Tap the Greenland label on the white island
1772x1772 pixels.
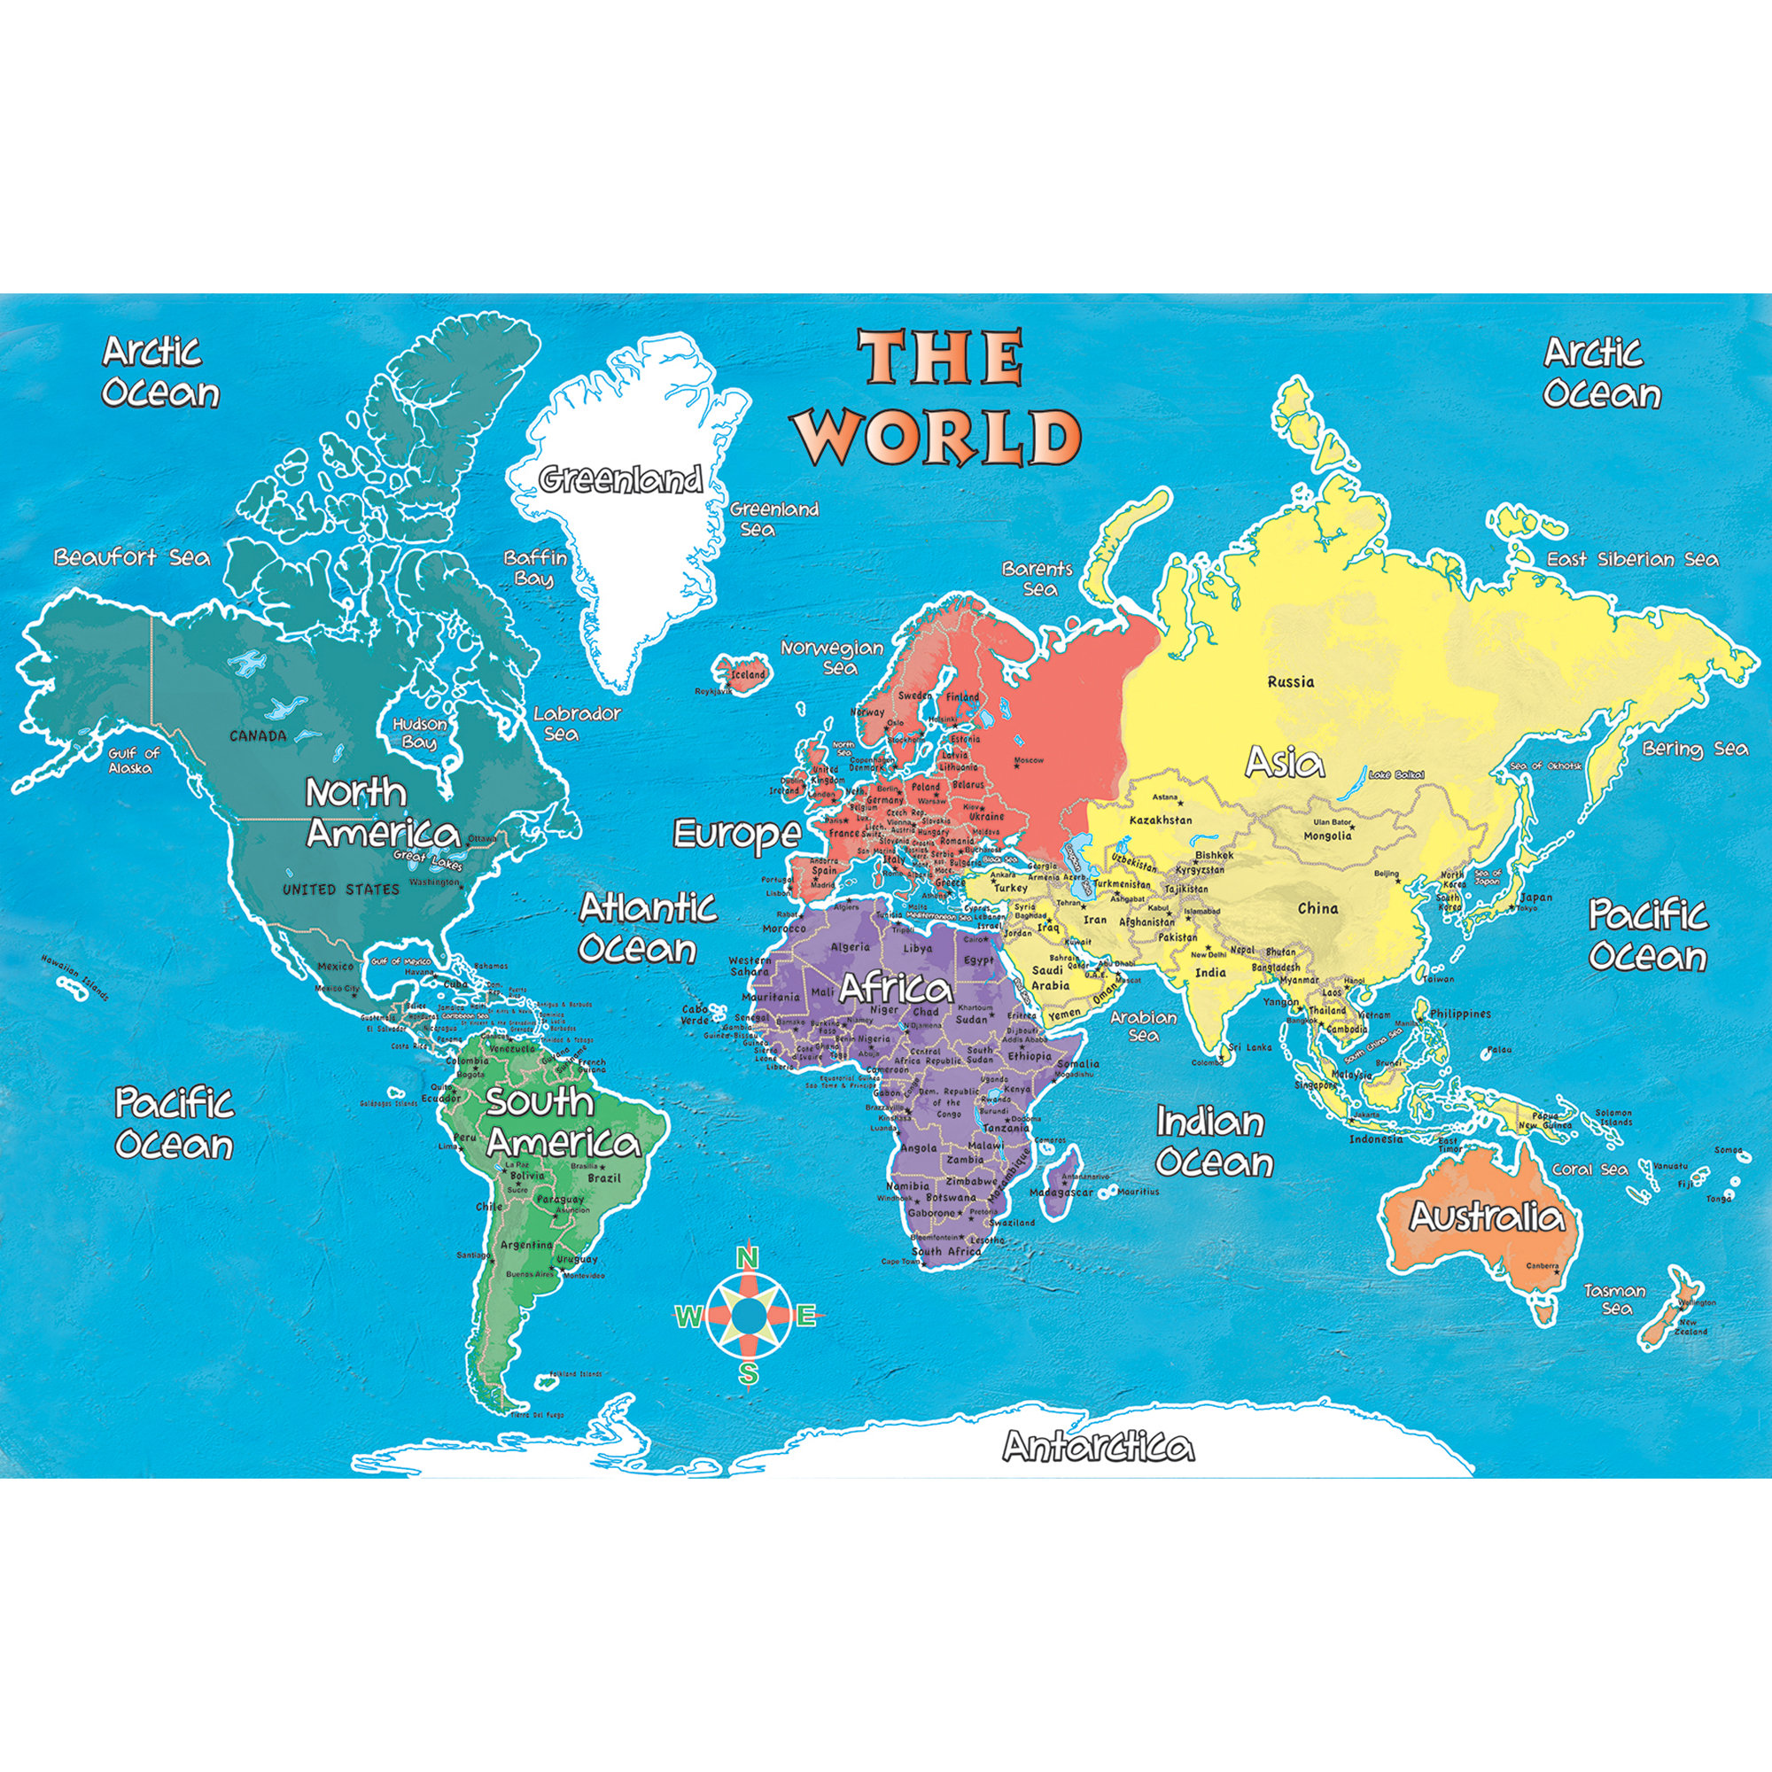point(621,479)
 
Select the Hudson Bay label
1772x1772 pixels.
point(420,733)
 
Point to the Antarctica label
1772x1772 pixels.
point(1098,1447)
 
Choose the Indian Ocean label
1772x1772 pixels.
point(1213,1142)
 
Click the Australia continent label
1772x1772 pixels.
point(1486,1216)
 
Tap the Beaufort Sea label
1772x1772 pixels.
point(131,556)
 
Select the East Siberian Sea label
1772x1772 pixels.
point(1633,558)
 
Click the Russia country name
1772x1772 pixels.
point(1291,680)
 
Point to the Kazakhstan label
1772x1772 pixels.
point(1161,819)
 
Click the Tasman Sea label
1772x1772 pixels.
point(1615,1299)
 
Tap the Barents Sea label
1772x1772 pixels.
point(1038,578)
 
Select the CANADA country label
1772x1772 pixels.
point(258,734)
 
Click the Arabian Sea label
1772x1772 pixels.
point(1143,1025)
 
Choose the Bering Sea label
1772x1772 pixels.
point(1695,749)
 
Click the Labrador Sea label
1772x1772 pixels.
point(577,723)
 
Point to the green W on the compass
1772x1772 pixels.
point(686,1318)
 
